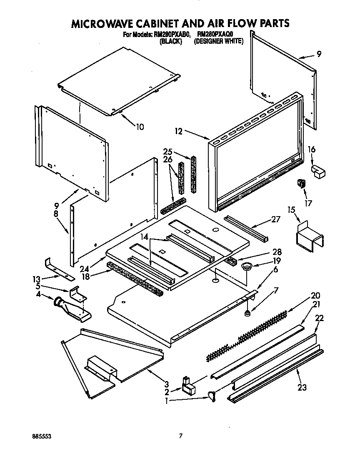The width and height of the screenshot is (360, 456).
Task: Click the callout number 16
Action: (x=311, y=150)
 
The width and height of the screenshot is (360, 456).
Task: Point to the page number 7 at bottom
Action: (x=180, y=436)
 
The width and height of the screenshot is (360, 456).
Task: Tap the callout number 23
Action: (x=302, y=388)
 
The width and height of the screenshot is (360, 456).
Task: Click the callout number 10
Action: (x=140, y=127)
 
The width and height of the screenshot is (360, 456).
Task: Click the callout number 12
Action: (x=178, y=132)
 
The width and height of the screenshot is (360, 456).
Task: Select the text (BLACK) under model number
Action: (x=171, y=42)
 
